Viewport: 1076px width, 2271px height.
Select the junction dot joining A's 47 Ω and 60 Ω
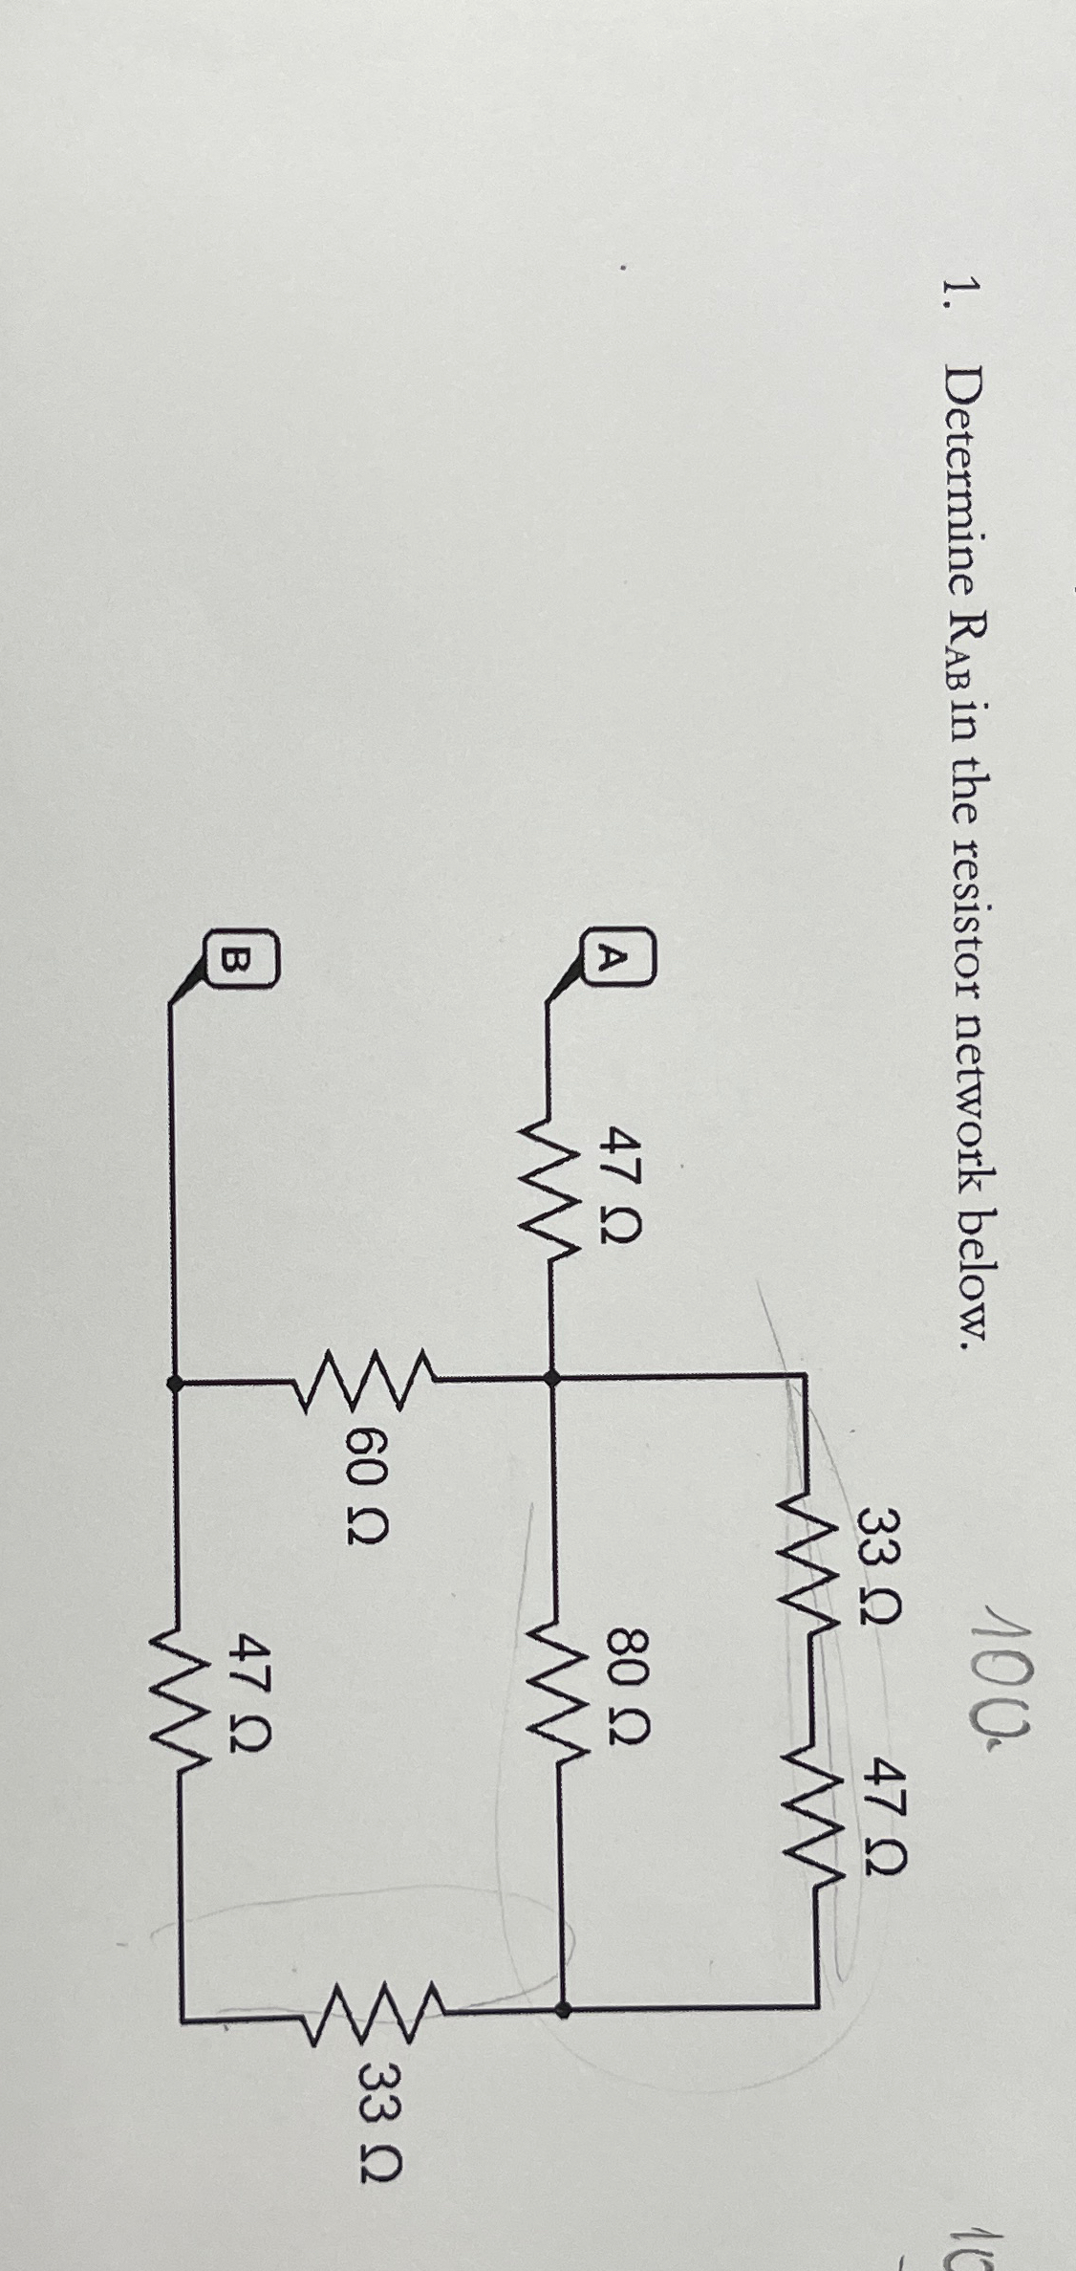coord(550,1378)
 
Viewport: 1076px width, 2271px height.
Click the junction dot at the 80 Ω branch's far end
coord(564,1983)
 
